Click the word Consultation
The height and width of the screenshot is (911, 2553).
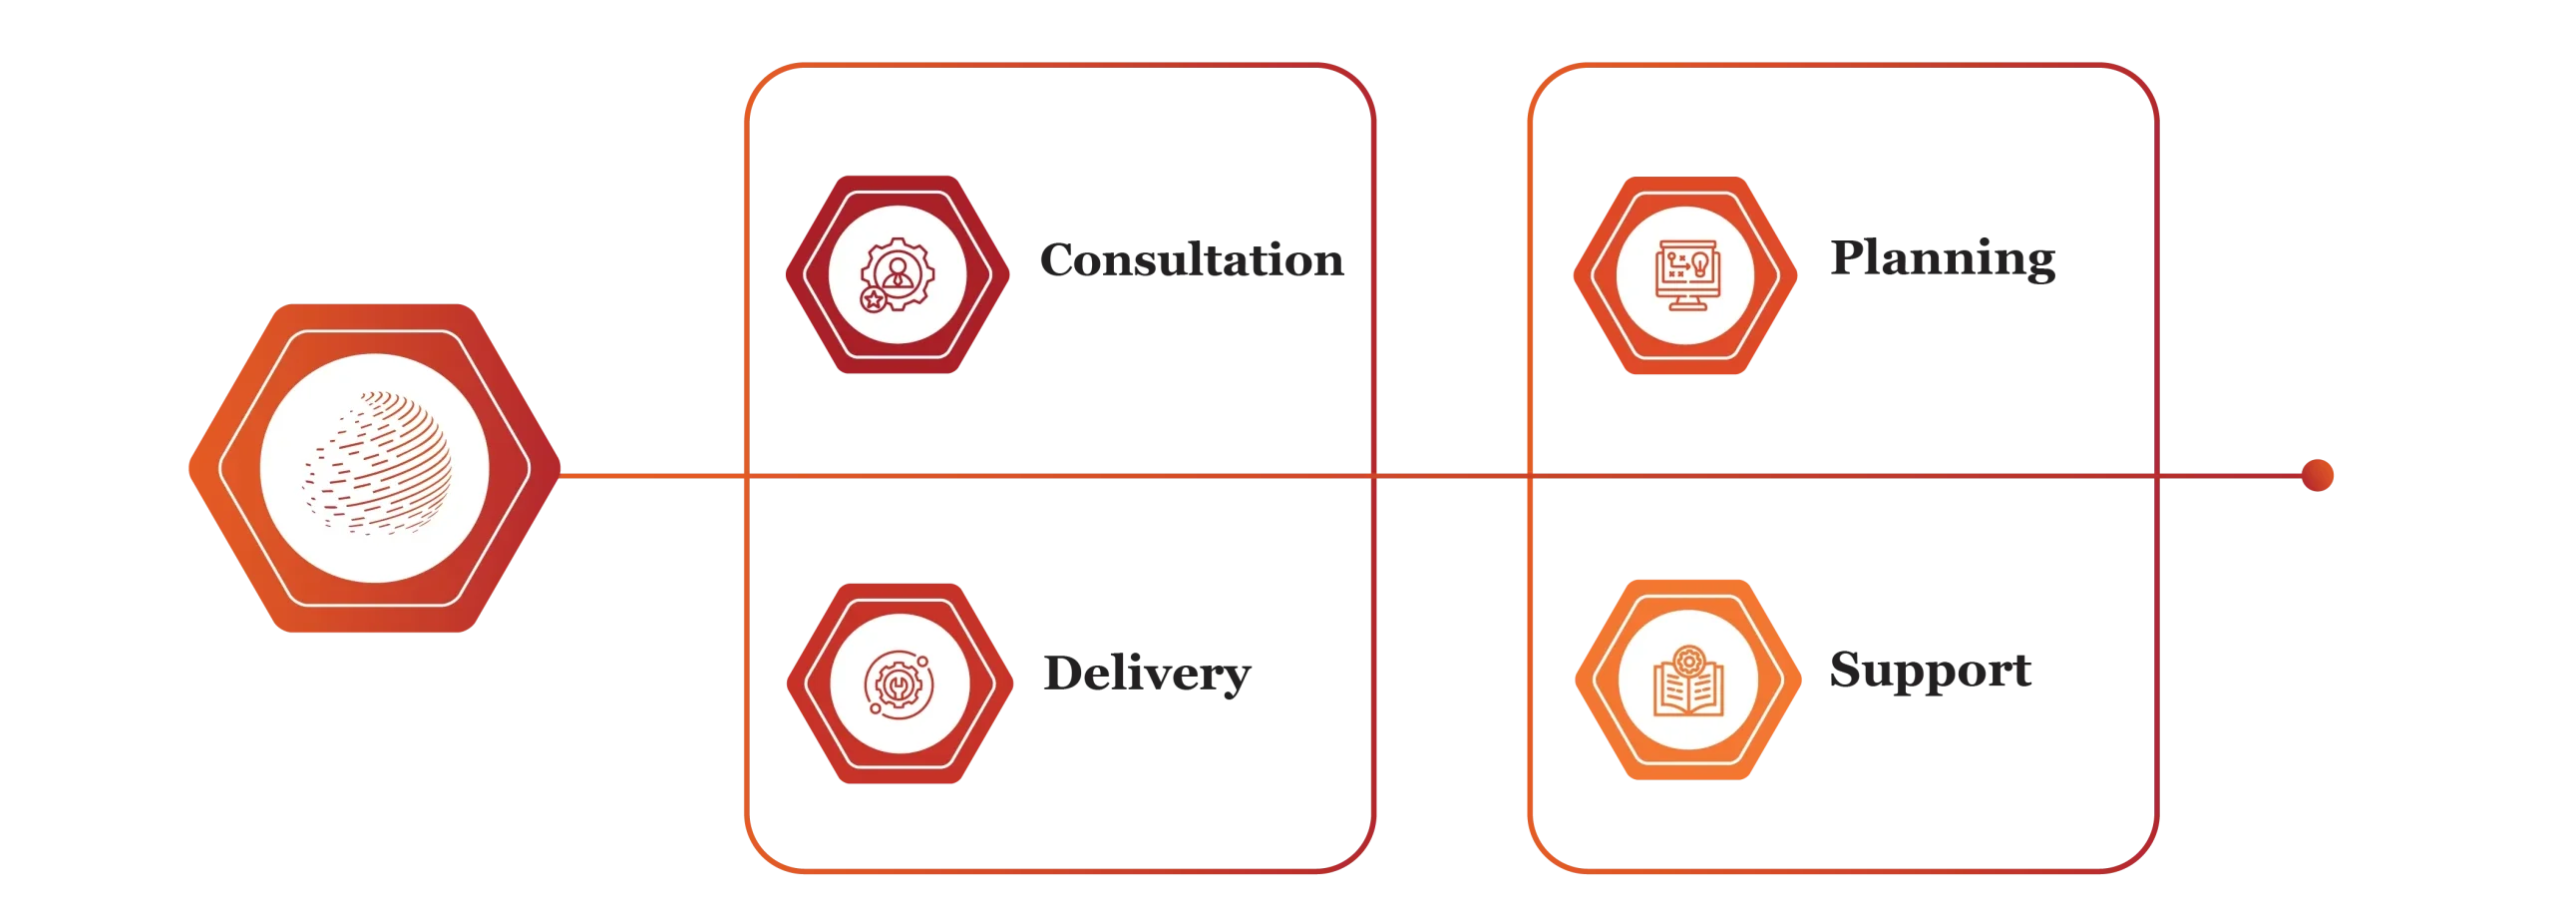pos(1192,259)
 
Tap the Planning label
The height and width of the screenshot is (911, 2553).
pos(1943,258)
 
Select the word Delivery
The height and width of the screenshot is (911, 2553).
pos(1147,675)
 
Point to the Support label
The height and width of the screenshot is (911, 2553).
pos(1930,671)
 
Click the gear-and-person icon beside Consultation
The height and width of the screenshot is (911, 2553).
pos(898,275)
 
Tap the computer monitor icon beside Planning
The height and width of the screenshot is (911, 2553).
pos(1686,275)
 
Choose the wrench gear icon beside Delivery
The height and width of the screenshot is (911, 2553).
pos(899,685)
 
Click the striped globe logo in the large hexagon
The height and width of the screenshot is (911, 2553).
pos(376,462)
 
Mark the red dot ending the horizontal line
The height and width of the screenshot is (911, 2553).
pos(2317,475)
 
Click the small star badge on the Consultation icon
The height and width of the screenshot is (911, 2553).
pos(874,299)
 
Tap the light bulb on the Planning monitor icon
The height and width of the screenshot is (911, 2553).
pos(1700,264)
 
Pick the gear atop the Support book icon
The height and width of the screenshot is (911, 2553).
pos(1688,661)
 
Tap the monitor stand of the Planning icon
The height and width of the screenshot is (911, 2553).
pos(1686,303)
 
